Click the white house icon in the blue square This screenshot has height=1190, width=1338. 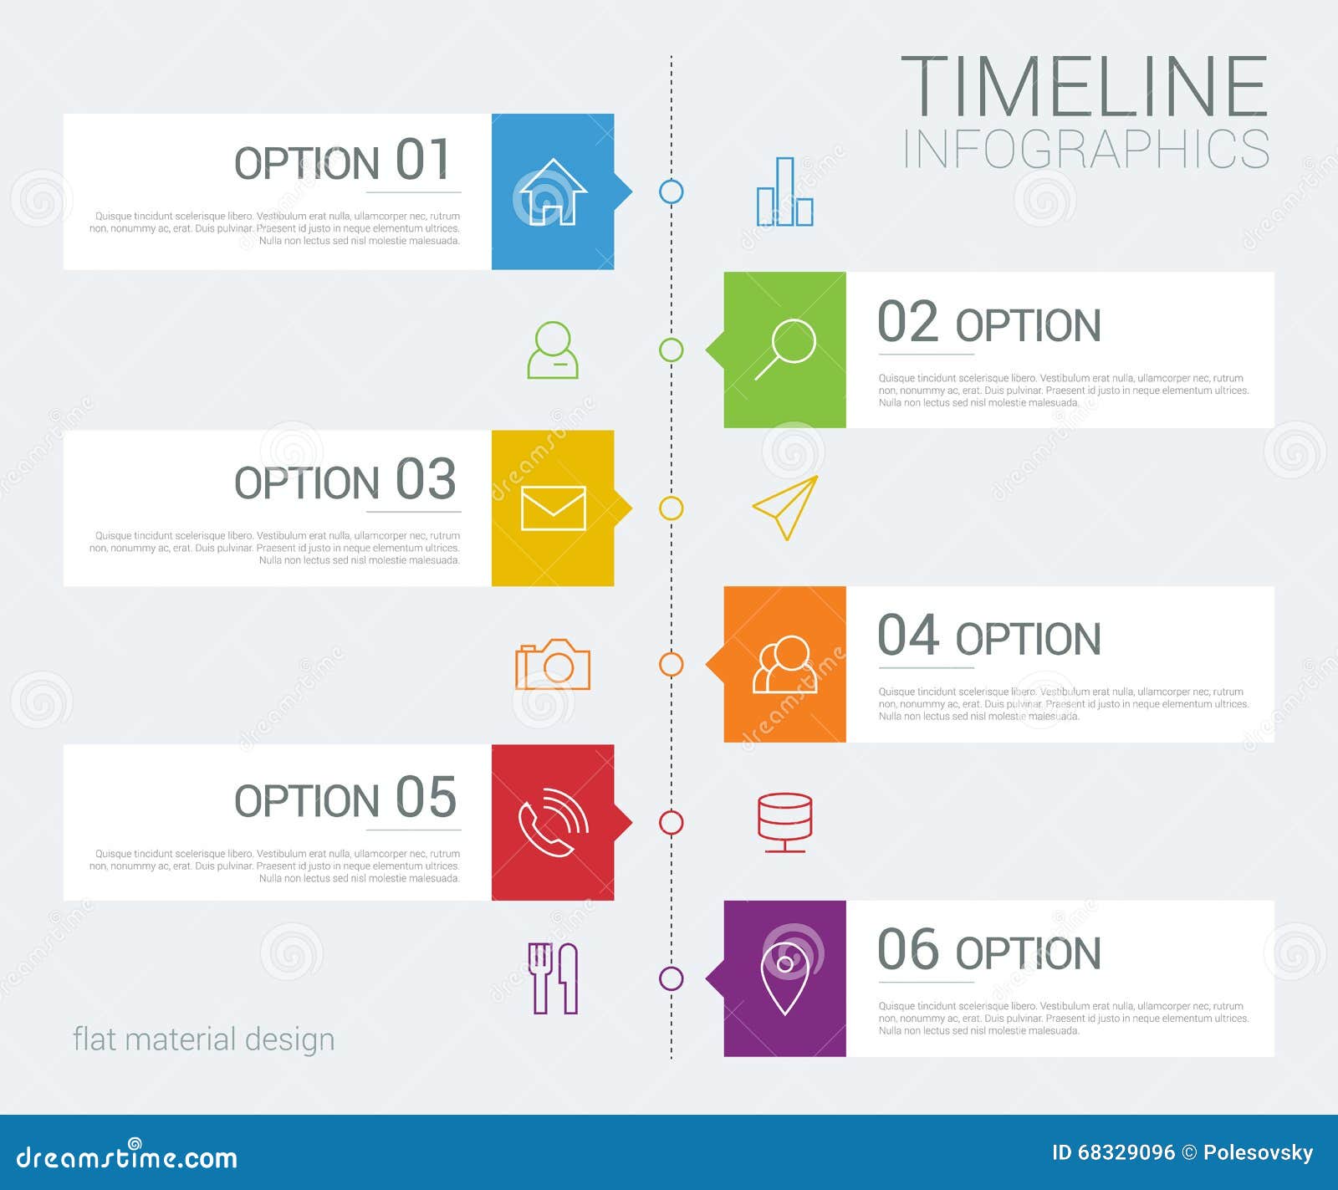point(552,192)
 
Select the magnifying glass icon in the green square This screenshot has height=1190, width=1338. point(785,349)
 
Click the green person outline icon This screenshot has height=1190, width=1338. point(553,350)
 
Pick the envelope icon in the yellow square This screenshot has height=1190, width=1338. point(553,508)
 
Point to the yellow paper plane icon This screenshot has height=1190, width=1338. point(785,507)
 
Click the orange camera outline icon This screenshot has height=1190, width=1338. point(553,665)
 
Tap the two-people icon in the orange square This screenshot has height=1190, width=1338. point(785,665)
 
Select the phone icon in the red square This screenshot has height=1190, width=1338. point(553,822)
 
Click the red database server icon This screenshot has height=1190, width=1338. point(784,822)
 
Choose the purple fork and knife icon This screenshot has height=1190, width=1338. point(553,978)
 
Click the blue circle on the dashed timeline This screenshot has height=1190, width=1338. point(671,192)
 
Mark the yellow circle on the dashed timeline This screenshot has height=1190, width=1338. point(671,508)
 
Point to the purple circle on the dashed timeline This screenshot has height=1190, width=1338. point(671,978)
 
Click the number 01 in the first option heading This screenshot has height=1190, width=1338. point(424,160)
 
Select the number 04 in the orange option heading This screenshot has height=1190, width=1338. point(909,635)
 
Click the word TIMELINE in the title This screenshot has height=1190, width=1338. point(1084,86)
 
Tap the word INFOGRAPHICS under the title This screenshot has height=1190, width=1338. point(1085,150)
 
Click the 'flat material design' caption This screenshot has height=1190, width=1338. point(203,1039)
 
